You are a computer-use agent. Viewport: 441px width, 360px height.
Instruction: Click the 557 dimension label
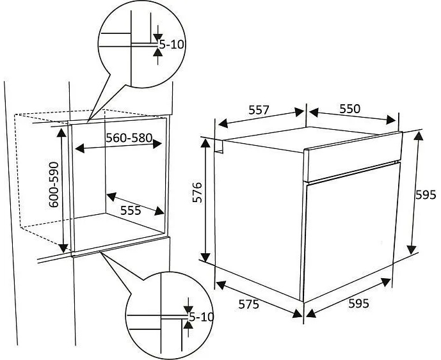[x=259, y=110]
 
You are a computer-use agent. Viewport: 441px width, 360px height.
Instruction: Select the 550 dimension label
[x=349, y=109]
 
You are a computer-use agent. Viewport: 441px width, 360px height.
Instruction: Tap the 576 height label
[x=197, y=192]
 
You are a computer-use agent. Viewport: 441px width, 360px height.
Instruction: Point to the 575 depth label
[x=248, y=304]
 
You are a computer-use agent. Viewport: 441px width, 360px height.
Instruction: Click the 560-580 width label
[x=129, y=137]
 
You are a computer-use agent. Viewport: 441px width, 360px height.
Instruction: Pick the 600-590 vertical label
[x=53, y=185]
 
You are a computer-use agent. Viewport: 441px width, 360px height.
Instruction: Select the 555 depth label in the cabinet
[x=131, y=210]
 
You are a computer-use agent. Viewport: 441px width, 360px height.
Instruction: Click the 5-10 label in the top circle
[x=172, y=44]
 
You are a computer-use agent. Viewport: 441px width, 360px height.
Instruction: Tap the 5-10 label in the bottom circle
[x=202, y=317]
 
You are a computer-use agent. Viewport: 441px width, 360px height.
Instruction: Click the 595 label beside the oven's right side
[x=426, y=195]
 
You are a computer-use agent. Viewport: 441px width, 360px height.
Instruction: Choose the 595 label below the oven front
[x=358, y=304]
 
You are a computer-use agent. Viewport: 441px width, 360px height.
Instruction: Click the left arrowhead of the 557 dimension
[x=223, y=123]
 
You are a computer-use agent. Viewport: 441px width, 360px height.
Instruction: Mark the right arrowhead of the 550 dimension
[x=391, y=120]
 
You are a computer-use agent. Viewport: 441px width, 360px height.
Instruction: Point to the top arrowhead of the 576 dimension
[x=205, y=143]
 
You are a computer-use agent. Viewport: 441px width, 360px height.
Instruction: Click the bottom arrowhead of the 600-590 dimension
[x=63, y=248]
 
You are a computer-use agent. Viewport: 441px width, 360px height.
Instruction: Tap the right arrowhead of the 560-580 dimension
[x=157, y=144]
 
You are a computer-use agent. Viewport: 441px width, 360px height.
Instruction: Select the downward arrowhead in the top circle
[x=158, y=38]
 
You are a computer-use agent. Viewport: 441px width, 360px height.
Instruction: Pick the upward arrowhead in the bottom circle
[x=188, y=325]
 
